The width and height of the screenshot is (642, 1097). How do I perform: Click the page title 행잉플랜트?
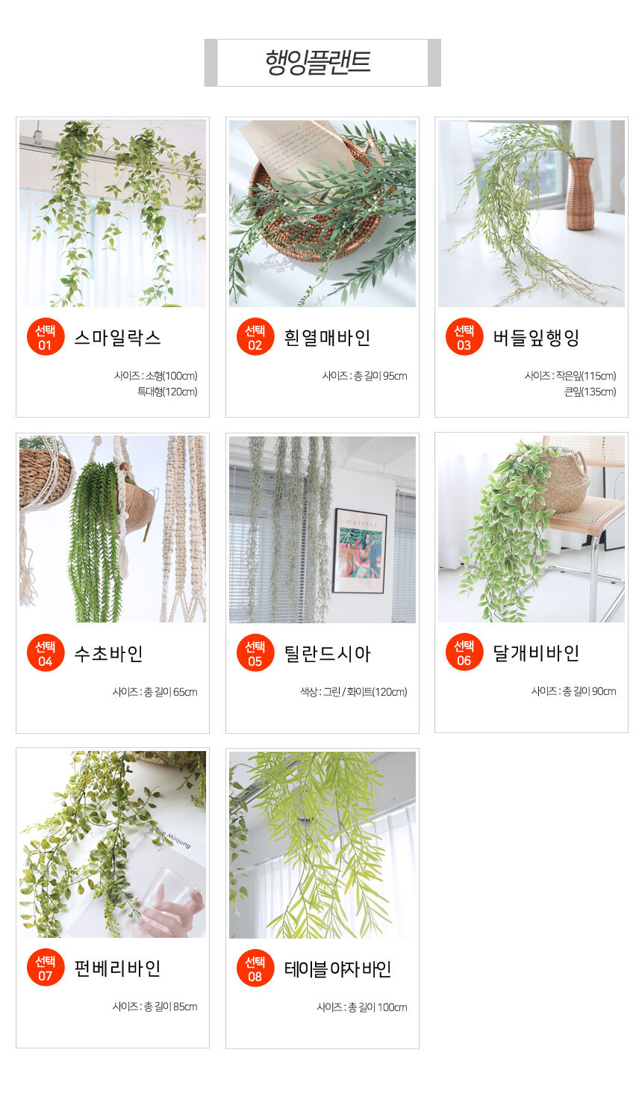coord(318,62)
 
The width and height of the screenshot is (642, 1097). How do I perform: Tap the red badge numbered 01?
coord(46,337)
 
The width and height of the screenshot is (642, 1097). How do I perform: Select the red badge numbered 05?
coord(255,653)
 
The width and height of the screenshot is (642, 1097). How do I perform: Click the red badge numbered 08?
coord(255,968)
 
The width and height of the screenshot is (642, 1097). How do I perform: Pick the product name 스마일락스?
coord(117,338)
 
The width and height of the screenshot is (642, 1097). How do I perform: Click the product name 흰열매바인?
coord(328,338)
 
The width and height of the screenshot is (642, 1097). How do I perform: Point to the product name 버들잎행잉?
coord(536,338)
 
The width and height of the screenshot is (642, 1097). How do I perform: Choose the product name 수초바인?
coord(109,653)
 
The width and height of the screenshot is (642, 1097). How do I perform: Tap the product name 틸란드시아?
coord(328,653)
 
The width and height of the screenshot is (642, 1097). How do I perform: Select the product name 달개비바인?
coord(536,653)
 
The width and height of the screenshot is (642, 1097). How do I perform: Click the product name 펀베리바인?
coord(117,968)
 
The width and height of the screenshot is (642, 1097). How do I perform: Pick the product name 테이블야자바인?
coord(337,968)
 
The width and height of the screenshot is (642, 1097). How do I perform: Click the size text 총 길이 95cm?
coord(380,376)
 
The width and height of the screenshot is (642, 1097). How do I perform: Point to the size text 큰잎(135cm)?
coord(590,392)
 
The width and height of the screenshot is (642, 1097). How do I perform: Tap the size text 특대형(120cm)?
coord(167,392)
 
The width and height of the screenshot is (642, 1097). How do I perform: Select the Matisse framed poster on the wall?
coord(360,551)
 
